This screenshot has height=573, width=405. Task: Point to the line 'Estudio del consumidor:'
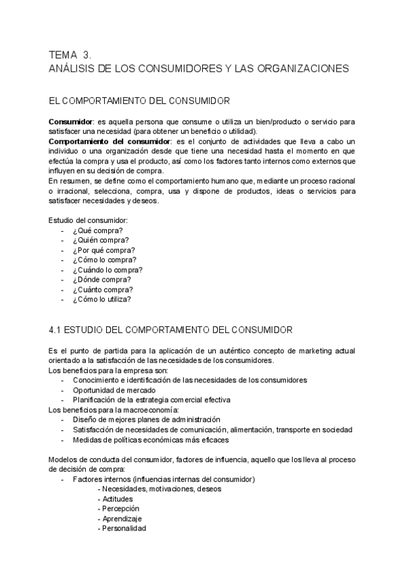pyautogui.click(x=88, y=220)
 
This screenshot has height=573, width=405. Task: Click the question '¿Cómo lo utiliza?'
pyautogui.click(x=101, y=299)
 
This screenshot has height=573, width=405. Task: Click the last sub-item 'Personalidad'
pyautogui.click(x=124, y=528)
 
